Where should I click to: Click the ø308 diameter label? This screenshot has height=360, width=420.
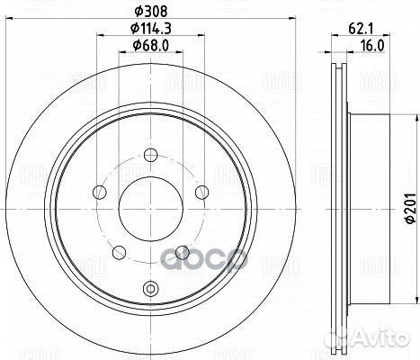[x=151, y=11]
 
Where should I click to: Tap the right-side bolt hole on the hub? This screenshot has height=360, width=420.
[x=201, y=191]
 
